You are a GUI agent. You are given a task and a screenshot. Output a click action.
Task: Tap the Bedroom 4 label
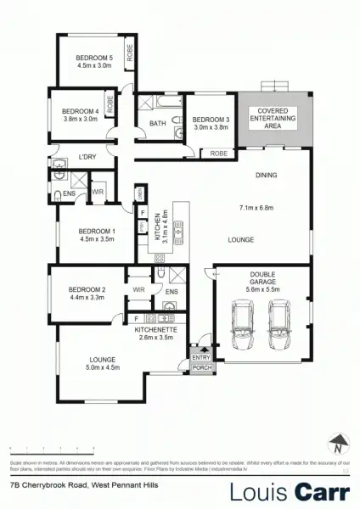pos(81,112)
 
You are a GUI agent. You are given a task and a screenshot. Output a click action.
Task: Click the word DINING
pos(267,176)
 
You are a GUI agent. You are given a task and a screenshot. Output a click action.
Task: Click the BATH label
pos(157,124)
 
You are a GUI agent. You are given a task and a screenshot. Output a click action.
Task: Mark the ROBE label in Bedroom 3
pos(219,153)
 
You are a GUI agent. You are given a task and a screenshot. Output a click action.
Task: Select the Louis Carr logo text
pos(289,489)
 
